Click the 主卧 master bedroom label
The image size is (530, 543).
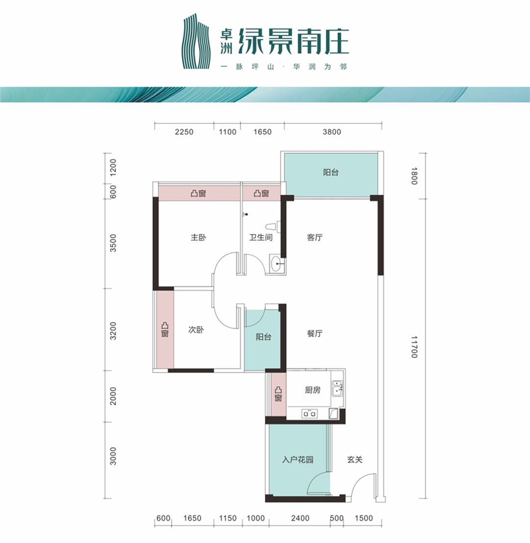pos(198,237)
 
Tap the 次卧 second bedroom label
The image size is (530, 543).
pos(196,330)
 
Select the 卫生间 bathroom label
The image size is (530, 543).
pos(261,237)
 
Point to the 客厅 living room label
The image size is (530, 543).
pos(315,237)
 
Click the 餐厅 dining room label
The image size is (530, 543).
pos(315,333)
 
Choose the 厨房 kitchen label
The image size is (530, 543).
pos(313,390)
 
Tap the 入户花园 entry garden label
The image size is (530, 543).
pos(297,459)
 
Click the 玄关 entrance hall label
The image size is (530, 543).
pos(354,459)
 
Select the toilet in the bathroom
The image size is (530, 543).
pos(272,227)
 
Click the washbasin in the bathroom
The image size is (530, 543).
pos(278,265)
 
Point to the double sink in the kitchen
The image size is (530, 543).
pos(337,388)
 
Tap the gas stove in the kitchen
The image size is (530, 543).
pos(309,413)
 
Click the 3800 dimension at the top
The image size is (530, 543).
pos(332,131)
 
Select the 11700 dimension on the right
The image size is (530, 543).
pos(415,346)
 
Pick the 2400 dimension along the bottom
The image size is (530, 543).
pos(300,518)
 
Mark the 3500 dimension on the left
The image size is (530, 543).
pos(113,243)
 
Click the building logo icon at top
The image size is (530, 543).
pos(196,41)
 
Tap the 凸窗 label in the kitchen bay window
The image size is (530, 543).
pos(278,394)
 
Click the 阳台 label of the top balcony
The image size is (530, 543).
pos(331,172)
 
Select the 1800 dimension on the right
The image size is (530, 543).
pos(415,176)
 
